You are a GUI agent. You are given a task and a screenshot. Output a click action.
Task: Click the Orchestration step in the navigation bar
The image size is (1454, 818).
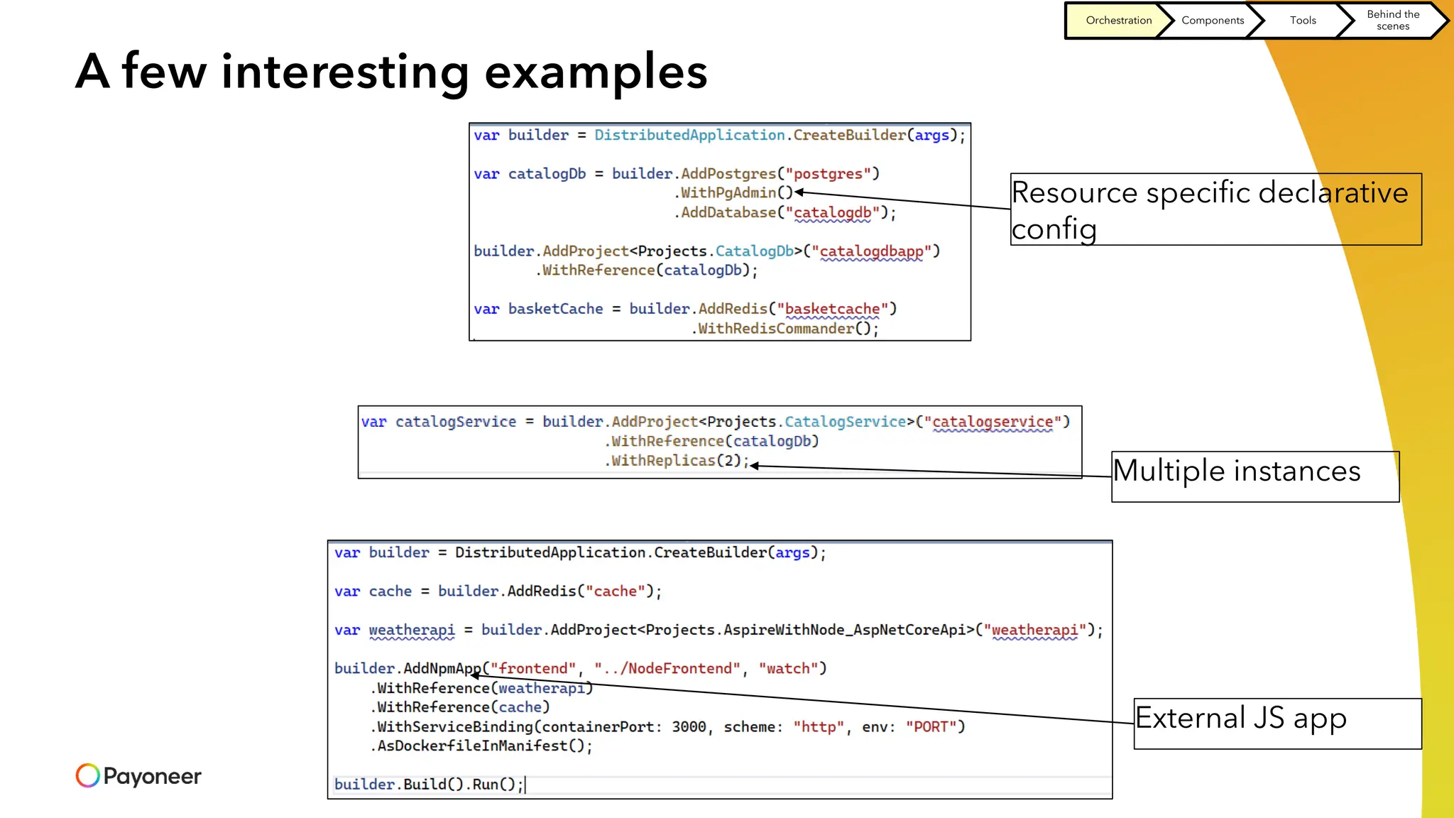pos(1118,21)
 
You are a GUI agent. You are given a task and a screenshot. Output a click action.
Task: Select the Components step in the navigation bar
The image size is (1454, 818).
pos(1212,21)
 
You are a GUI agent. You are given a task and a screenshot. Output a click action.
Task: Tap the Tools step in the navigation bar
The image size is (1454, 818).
pos(1303,21)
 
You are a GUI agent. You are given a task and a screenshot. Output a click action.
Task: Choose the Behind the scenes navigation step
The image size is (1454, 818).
pos(1393,21)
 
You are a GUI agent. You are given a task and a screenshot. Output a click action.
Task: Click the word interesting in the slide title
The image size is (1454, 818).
pos(345,72)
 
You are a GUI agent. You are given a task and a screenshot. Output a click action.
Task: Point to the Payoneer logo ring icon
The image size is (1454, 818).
pos(87,775)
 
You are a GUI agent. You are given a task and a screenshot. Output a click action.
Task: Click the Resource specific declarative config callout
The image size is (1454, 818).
pos(1215,209)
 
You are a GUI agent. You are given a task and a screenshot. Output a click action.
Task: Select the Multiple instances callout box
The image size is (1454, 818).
pos(1255,476)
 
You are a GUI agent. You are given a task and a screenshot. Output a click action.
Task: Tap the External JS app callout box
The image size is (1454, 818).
pos(1277,723)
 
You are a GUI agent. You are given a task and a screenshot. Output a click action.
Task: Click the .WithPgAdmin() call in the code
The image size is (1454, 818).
pos(733,193)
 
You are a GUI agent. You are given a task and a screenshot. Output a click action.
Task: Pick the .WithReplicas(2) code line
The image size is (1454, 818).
pos(676,461)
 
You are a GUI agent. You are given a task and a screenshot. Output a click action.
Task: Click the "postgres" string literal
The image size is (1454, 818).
pos(828,174)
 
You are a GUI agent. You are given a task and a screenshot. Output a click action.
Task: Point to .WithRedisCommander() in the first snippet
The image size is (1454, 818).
pos(785,329)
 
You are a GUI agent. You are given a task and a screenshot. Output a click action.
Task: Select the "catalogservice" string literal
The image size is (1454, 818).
pos(992,422)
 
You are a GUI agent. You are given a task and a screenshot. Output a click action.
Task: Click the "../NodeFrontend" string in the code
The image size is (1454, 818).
pos(667,669)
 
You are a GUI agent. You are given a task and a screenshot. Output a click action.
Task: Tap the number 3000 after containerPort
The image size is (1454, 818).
pos(689,727)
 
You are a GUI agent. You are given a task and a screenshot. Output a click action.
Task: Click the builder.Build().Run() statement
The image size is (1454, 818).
pos(428,785)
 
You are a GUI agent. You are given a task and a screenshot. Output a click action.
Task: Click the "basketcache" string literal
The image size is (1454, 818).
pos(832,310)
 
